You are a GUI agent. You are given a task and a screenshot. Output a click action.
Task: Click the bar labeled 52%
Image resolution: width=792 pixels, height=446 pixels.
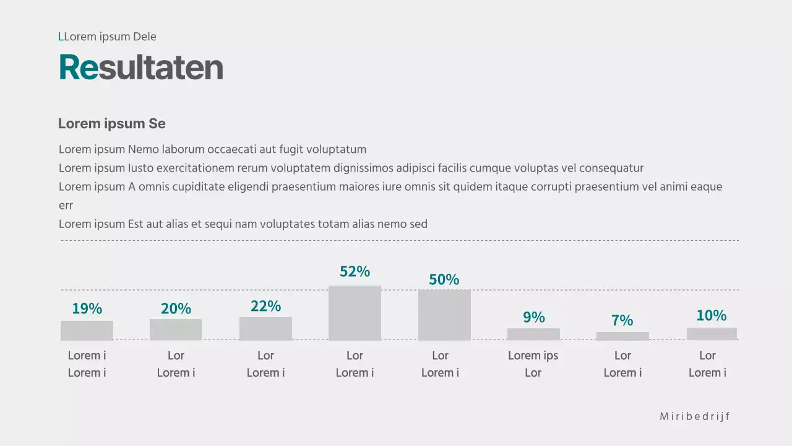point(355,313)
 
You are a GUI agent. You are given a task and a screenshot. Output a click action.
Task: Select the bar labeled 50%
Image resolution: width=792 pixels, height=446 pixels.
point(444,315)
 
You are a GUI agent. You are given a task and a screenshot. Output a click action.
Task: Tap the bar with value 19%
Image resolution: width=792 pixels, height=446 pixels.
point(87,330)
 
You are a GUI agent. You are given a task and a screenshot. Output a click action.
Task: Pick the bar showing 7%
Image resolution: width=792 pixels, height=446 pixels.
point(622,336)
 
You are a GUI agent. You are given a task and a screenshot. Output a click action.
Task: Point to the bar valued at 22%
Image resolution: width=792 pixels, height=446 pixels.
point(265,328)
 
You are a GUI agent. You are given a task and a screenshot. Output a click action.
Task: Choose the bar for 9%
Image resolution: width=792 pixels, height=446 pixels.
point(533,334)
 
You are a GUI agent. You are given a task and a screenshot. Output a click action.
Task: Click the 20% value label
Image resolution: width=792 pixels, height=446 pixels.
point(176,308)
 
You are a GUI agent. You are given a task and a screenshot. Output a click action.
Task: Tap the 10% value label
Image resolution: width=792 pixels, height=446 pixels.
point(711,315)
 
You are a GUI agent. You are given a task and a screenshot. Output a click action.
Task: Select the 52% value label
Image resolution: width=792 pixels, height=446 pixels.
point(355,271)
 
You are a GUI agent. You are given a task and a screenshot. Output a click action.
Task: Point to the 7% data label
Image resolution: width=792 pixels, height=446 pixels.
point(622,320)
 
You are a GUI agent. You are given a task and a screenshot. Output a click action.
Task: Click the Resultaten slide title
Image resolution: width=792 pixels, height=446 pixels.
point(140,68)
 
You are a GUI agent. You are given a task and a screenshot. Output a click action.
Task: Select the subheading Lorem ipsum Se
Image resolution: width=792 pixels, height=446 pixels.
point(112,123)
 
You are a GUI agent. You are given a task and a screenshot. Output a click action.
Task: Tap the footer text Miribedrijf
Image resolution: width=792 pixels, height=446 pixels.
point(695,416)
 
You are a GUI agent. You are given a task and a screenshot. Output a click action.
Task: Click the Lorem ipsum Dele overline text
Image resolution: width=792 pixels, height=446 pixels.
point(107,37)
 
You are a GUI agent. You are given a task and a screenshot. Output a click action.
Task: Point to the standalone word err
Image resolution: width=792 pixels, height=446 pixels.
point(66,205)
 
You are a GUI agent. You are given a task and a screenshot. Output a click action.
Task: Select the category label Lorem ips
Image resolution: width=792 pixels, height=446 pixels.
point(533,356)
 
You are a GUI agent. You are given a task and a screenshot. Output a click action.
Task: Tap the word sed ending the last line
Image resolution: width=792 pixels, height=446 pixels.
point(418,224)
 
